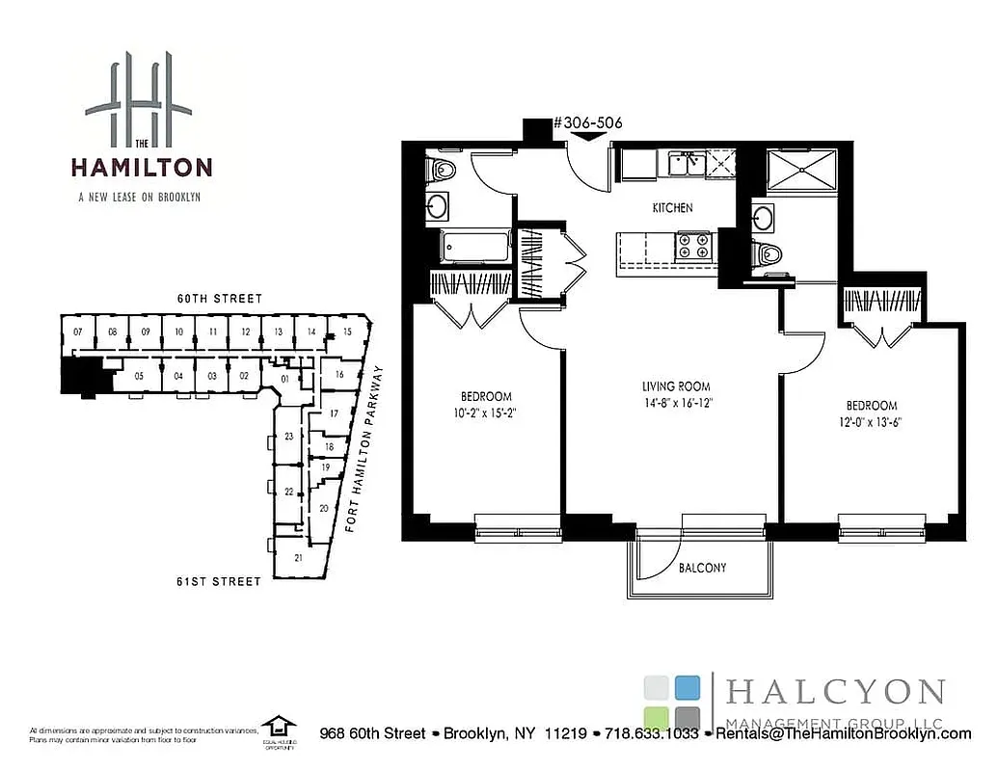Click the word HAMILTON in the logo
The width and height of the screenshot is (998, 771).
click(141, 167)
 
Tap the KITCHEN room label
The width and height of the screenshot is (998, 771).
click(672, 208)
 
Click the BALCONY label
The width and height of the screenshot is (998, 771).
click(701, 568)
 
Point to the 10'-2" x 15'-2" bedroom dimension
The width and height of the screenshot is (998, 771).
click(486, 413)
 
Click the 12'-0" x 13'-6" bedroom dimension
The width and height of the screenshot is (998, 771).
click(871, 422)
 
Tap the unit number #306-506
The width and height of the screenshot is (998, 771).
click(587, 123)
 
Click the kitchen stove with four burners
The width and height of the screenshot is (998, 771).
click(691, 246)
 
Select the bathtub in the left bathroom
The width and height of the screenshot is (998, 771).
click(474, 247)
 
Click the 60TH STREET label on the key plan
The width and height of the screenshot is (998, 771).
click(219, 299)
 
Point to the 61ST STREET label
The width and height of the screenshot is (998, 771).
click(219, 581)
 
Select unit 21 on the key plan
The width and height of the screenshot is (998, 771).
click(298, 557)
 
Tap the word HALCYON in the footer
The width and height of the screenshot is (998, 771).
click(835, 692)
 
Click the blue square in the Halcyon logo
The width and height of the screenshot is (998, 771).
click(687, 687)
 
